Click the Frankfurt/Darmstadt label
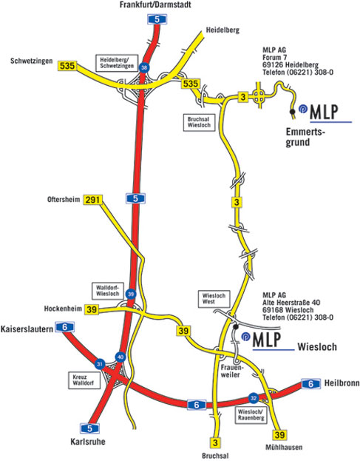pos(155,4)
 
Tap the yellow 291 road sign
pos(92,200)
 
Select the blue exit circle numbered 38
pos(144,68)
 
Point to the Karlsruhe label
pos(88,442)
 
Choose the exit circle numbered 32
pos(253,398)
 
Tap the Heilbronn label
pos(342,383)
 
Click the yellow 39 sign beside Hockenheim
pos(92,309)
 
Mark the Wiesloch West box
pos(214,299)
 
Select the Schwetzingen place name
pos(32,61)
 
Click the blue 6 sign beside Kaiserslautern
pos(65,327)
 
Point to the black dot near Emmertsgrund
pos(292,112)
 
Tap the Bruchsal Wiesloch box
pos(199,122)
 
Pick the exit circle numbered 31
pos(100,364)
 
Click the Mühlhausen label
pos(284,447)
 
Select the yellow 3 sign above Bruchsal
pos(216,443)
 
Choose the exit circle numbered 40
pos(120,357)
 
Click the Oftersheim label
pos(64,200)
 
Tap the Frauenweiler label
pos(231,371)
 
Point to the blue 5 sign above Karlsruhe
pos(90,428)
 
